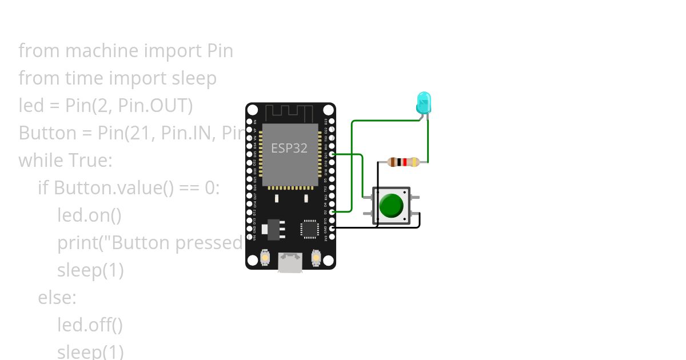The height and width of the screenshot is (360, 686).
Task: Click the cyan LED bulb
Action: click(423, 102)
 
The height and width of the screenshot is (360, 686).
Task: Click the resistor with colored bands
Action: click(403, 162)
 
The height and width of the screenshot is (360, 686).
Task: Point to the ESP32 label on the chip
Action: click(289, 148)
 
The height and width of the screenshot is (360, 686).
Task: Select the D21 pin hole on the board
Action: click(332, 154)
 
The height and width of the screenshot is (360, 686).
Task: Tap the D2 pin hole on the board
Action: click(332, 212)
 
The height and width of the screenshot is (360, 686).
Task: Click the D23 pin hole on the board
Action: click(332, 121)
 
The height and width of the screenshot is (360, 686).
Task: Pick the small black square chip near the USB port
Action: click(310, 229)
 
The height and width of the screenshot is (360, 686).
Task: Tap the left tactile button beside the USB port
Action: click(266, 258)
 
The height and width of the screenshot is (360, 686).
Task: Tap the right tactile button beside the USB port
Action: click(316, 258)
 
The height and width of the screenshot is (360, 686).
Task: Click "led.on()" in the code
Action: click(90, 215)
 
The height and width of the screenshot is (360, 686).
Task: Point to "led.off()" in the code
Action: click(90, 325)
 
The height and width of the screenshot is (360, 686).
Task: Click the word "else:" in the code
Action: click(57, 298)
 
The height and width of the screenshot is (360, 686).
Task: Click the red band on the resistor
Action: click(405, 162)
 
